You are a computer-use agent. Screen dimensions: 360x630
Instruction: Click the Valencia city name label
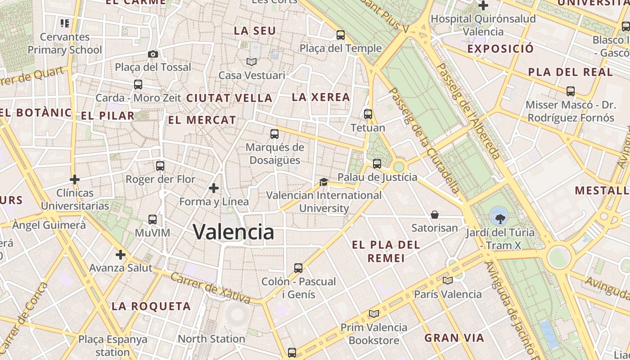(x=233, y=232)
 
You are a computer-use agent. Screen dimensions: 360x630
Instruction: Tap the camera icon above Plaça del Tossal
(x=153, y=54)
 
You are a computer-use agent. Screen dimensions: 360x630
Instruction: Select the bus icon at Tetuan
(x=368, y=114)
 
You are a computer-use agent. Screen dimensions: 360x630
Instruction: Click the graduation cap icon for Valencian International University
(x=324, y=182)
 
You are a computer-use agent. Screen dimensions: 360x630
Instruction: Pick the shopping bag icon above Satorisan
(x=435, y=215)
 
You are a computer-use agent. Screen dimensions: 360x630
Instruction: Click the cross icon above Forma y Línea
(x=214, y=188)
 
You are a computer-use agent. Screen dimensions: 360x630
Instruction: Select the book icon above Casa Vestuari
(x=251, y=62)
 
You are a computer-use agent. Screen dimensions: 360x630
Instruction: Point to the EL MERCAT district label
(x=202, y=120)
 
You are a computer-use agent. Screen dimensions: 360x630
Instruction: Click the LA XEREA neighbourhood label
(x=321, y=97)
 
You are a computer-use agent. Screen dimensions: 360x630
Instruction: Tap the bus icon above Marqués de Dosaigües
(x=274, y=134)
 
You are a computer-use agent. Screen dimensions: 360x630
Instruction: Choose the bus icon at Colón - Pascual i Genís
(x=298, y=268)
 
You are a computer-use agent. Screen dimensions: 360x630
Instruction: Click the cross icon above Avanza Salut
(x=121, y=255)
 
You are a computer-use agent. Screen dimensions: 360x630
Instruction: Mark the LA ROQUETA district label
(x=151, y=306)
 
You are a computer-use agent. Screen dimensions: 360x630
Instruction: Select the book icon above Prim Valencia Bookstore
(x=373, y=314)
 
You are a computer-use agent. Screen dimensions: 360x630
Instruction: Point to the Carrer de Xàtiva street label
(x=210, y=288)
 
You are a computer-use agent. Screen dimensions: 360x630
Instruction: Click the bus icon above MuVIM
(x=153, y=220)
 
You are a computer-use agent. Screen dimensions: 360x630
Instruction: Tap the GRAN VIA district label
(x=454, y=338)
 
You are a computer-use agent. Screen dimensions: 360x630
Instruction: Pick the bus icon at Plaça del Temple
(x=341, y=35)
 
